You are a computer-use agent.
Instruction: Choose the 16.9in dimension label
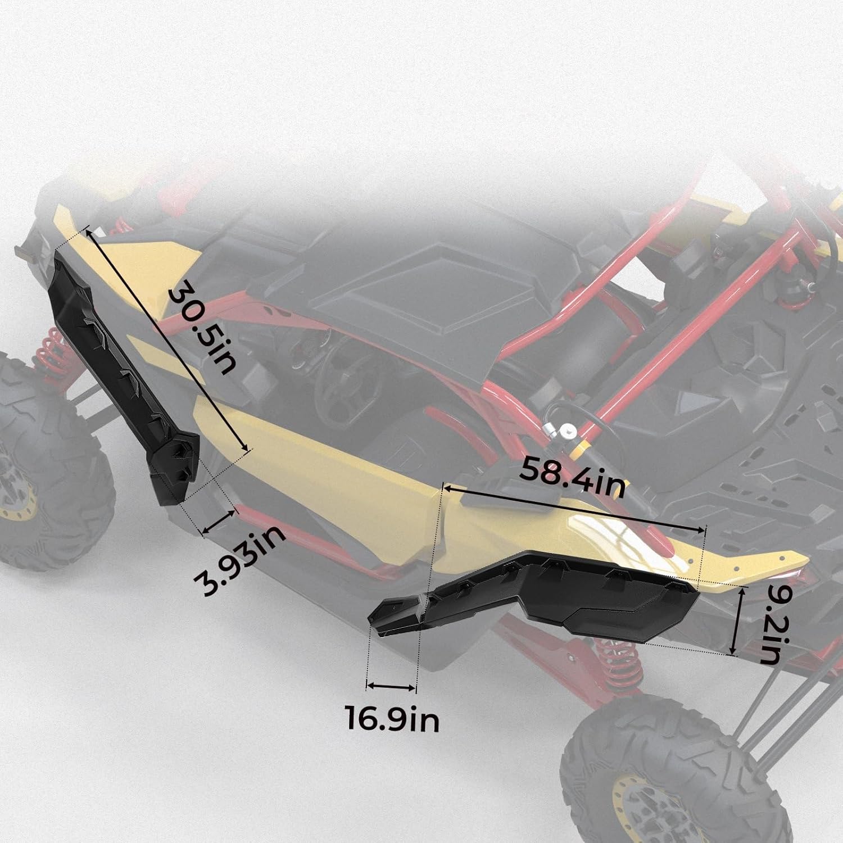click(392, 720)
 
